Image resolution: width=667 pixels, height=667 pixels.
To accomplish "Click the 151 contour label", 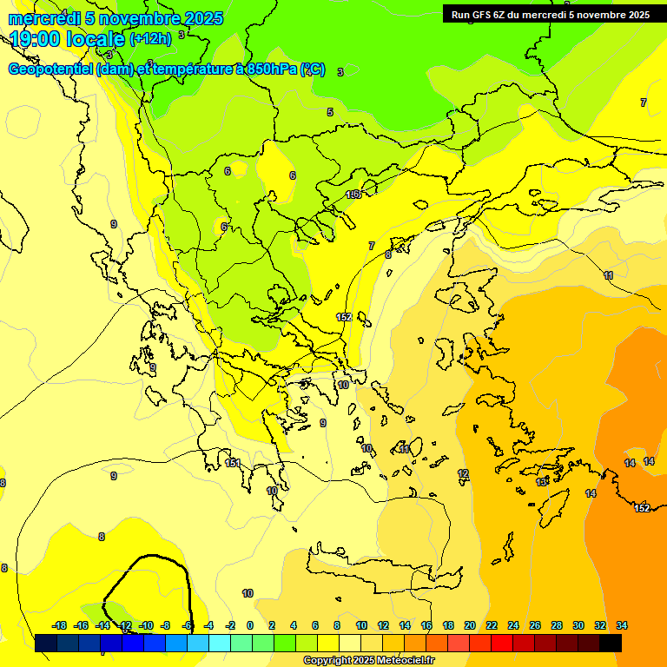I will pyautogui.click(x=232, y=463).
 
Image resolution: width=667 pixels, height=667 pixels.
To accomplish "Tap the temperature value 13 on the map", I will pyautogui.click(x=542, y=482).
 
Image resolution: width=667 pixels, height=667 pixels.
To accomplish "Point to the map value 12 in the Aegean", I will pyautogui.click(x=463, y=473).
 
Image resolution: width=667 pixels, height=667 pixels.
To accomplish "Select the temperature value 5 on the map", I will pyautogui.click(x=330, y=112).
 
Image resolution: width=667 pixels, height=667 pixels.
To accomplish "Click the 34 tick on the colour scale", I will pyautogui.click(x=622, y=625).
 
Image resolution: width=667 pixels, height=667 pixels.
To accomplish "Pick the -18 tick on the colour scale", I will pyautogui.click(x=60, y=625).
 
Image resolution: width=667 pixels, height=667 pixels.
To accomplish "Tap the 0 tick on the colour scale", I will pyautogui.click(x=249, y=625).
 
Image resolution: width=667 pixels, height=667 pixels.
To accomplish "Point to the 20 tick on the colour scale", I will pyautogui.click(x=469, y=625).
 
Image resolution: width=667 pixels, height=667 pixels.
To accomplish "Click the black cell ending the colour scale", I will pyautogui.click(x=610, y=643).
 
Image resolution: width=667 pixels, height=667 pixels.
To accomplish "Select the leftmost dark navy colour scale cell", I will pyautogui.click(x=46, y=643).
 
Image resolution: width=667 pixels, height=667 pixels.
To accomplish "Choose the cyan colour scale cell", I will pyautogui.click(x=220, y=643).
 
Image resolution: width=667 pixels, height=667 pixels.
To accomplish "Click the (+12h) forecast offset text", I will pyautogui.click(x=150, y=38).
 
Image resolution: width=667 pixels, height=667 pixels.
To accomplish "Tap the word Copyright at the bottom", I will pyautogui.click(x=327, y=661).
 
